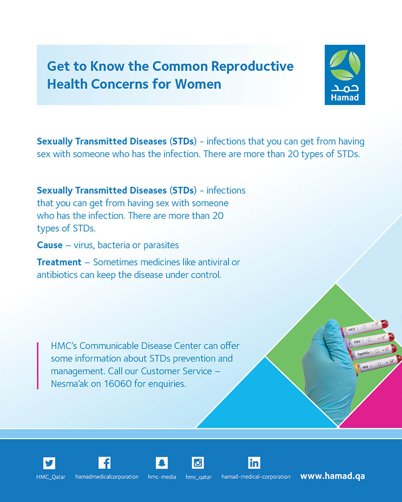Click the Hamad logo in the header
[345, 75]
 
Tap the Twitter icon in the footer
[49, 463]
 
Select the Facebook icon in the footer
[105, 463]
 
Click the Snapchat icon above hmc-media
[162, 463]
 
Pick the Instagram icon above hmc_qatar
[198, 463]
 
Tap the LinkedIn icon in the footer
[254, 463]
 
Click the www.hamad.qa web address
[333, 476]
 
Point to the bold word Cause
[50, 245]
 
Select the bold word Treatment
[59, 262]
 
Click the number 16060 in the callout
[117, 384]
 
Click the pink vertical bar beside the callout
[37, 365]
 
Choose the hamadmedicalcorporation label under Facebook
[107, 477]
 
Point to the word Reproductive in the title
[253, 66]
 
